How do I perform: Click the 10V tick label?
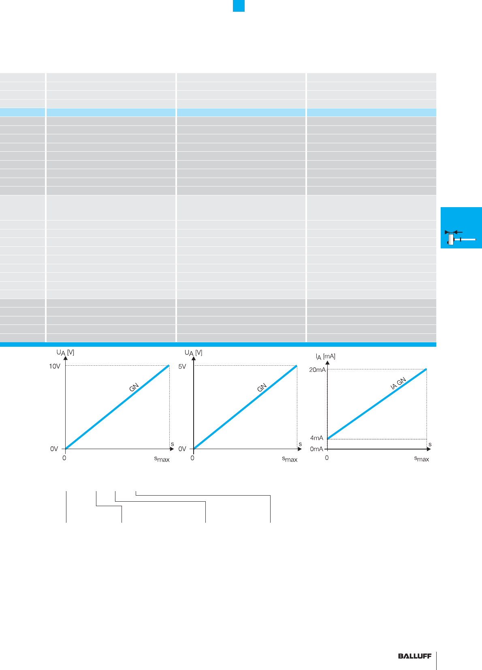pos(55,366)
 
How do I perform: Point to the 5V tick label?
pos(182,366)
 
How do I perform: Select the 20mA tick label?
pos(318,370)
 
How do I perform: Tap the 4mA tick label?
pos(317,438)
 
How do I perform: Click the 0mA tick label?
pos(317,449)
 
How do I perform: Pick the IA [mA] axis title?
pos(326,356)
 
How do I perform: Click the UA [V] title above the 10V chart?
pos(65,353)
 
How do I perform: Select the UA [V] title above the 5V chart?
pos(193,353)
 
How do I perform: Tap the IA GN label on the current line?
pos(398,384)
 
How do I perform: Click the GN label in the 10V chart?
pos(134,387)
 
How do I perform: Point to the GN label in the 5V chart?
pos(262,387)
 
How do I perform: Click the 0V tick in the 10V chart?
pos(54,449)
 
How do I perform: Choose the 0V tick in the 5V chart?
pos(182,449)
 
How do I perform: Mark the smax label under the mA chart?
pos(421,459)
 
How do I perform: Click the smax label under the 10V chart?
pos(162,459)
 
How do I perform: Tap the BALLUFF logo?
pos(415,656)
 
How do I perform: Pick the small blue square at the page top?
pos(239,6)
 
